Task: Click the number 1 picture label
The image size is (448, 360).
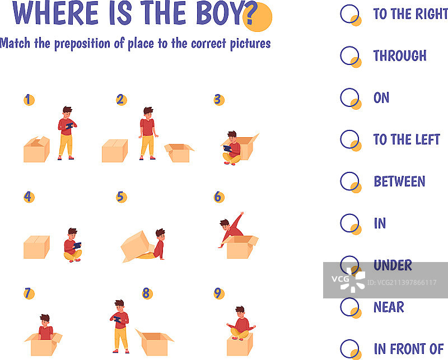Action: pos(29,100)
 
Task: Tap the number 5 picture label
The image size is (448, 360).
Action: pos(121,197)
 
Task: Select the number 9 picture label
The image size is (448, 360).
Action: pos(219,293)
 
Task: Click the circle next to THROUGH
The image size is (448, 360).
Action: pos(349,56)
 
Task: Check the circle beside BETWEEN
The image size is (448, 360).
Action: pos(349,181)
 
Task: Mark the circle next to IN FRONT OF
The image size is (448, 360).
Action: pos(349,349)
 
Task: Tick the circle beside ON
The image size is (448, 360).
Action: pos(349,97)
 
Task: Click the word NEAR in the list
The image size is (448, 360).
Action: pos(389,307)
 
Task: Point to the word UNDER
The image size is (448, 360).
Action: pos(393,265)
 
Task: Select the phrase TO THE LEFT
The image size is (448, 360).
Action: pos(407,139)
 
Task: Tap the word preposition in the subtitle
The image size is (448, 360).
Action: pos(82,44)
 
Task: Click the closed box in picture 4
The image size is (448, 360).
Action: pos(36,247)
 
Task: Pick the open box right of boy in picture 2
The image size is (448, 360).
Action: pos(179,153)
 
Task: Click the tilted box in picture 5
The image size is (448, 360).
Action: pos(137,246)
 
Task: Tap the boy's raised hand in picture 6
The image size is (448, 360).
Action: pos(242,213)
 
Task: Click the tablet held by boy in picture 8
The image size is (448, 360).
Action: pos(118,319)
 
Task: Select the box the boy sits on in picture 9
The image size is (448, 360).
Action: pos(240,344)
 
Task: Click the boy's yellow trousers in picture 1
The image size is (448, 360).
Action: pos(66,145)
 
